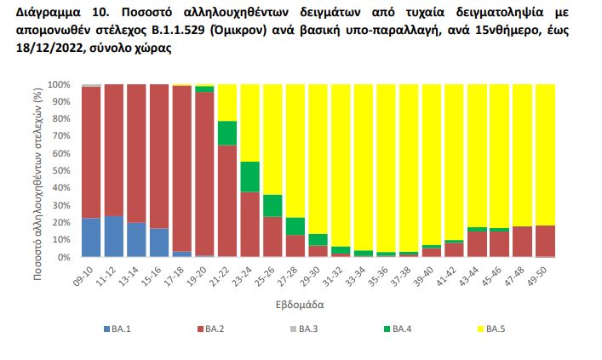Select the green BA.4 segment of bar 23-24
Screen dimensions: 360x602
coord(249,176)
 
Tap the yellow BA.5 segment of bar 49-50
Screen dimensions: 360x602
coord(545,154)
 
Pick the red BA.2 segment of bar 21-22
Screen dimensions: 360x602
coord(226,201)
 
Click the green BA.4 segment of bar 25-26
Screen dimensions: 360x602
coord(272,205)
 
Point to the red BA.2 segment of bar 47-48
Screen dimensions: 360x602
coord(522,242)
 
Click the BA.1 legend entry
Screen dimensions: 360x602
coord(118,328)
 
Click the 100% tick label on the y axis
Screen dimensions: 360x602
coord(60,85)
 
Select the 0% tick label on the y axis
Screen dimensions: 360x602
coord(65,257)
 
